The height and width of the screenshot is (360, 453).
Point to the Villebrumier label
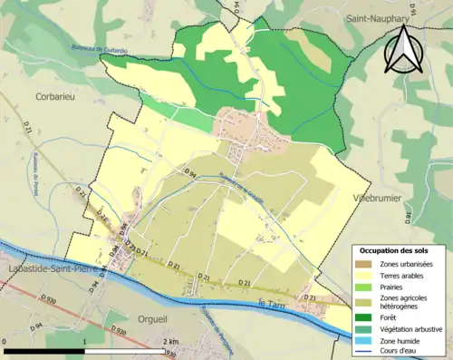375,197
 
